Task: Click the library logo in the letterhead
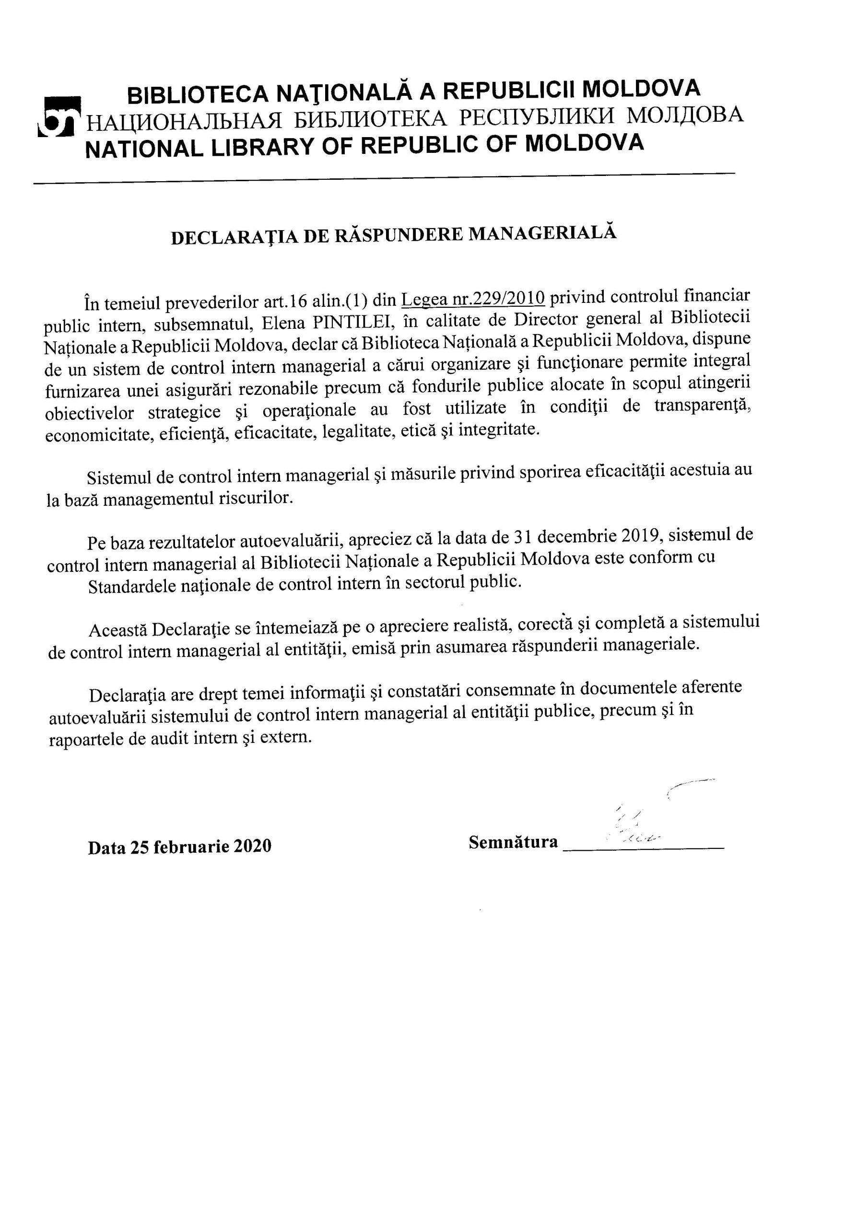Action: [x=59, y=116]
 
